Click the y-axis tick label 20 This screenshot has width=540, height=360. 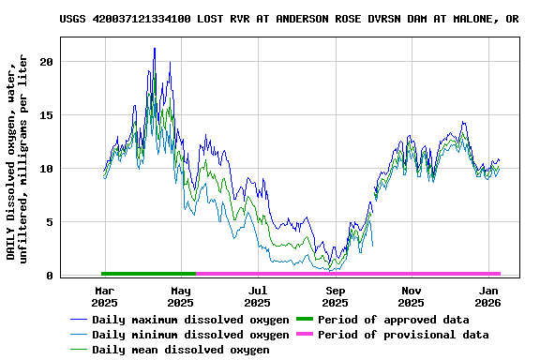tap(47, 61)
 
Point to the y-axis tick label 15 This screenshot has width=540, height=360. tap(47, 114)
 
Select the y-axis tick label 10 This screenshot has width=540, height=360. tap(47, 169)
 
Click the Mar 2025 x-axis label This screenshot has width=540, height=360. tap(103, 296)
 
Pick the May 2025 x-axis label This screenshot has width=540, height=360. tap(180, 296)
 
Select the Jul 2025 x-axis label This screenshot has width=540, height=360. tap(257, 296)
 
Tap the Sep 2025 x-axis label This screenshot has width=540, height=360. tap(335, 296)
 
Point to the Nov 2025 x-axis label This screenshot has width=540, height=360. tap(411, 296)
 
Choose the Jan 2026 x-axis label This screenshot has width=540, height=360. tap(487, 296)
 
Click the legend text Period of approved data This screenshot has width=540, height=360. tap(393, 320)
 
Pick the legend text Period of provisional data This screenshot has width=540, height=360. tap(403, 335)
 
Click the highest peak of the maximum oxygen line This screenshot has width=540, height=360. tap(155, 49)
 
